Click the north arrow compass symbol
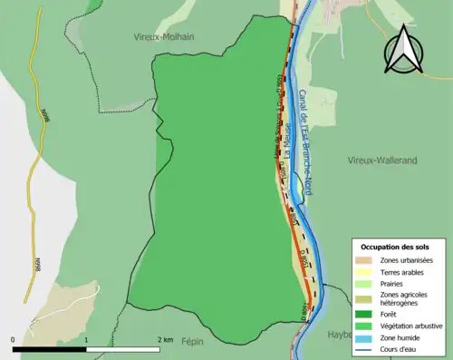(403, 52)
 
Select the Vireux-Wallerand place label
(382, 160)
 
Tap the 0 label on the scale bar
(14, 339)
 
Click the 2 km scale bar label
(164, 339)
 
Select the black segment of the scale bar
(49, 348)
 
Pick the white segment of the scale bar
(122, 348)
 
